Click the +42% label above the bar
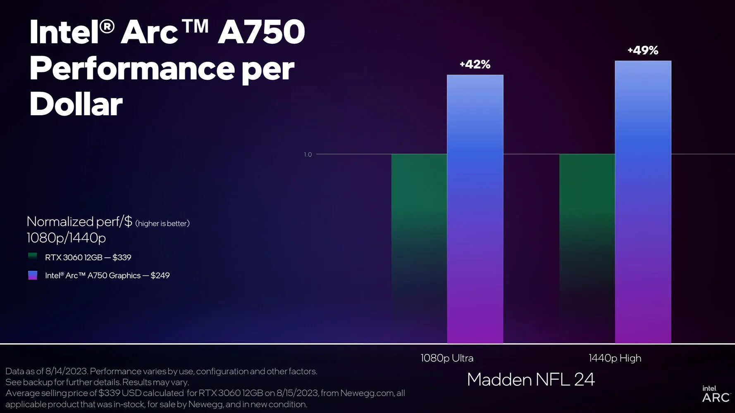point(475,64)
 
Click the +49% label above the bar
point(643,50)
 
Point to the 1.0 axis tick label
point(308,154)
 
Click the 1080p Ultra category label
point(447,358)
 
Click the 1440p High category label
point(615,358)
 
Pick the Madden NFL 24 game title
point(531,380)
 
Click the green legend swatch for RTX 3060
point(33,257)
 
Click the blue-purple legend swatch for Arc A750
point(33,275)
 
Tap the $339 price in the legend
point(122,257)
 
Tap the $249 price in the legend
point(160,275)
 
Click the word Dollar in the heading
point(76,104)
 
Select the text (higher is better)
point(162,223)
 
